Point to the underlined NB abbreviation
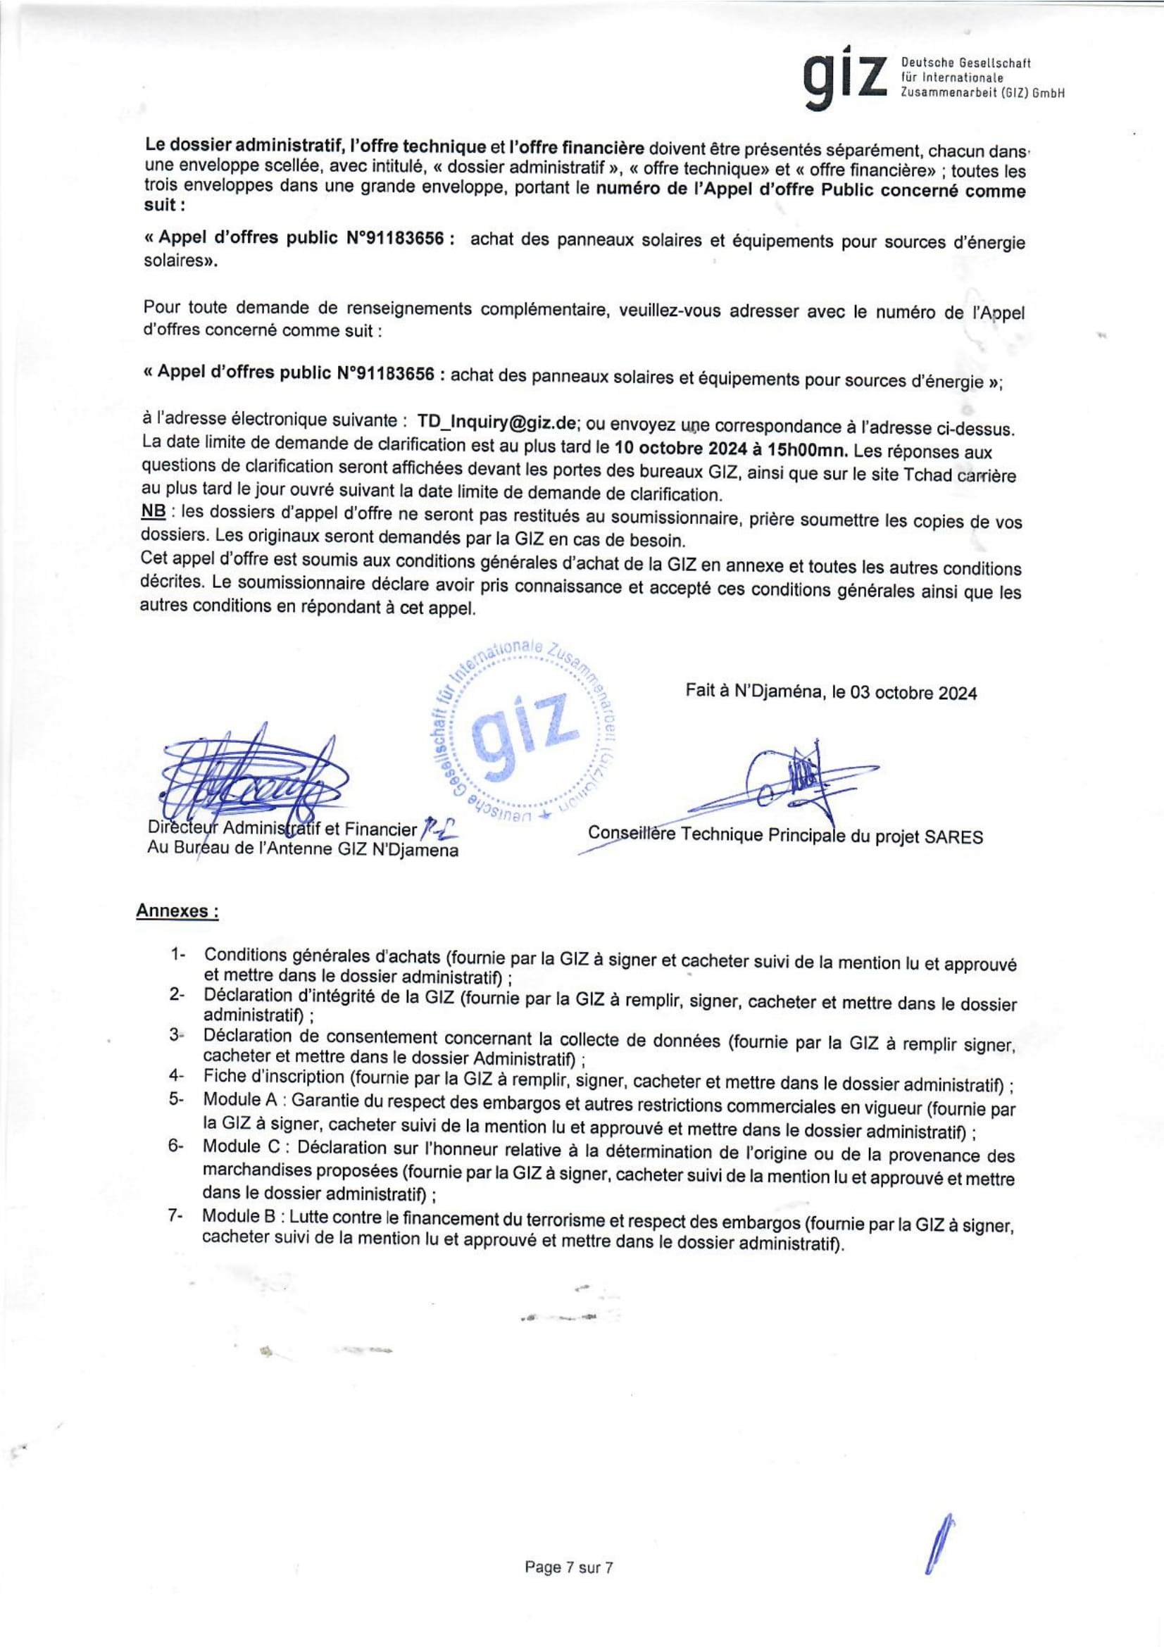[x=154, y=513]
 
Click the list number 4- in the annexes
[x=177, y=1077]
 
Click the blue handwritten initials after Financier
[x=438, y=829]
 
